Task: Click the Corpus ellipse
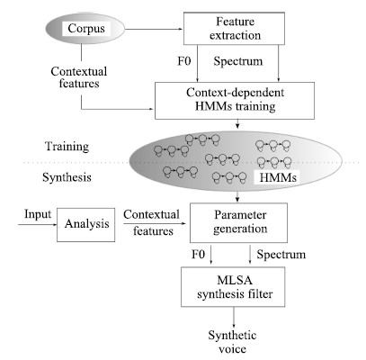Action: pyautogui.click(x=85, y=29)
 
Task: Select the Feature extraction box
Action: pyautogui.click(x=234, y=29)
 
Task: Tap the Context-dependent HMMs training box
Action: pyautogui.click(x=235, y=101)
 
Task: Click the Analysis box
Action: pyautogui.click(x=86, y=225)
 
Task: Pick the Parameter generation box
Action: pyautogui.click(x=239, y=222)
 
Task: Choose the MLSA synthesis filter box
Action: pyautogui.click(x=233, y=287)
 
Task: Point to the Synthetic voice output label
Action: pyautogui.click(x=232, y=342)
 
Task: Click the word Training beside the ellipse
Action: pyautogui.click(x=67, y=147)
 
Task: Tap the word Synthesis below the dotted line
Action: pyautogui.click(x=67, y=177)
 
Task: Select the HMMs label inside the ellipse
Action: pyautogui.click(x=278, y=177)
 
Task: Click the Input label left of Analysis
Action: pyautogui.click(x=38, y=214)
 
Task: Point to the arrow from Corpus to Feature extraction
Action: pyautogui.click(x=154, y=29)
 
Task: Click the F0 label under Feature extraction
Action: pyautogui.click(x=184, y=61)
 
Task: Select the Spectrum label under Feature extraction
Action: pyautogui.click(x=238, y=61)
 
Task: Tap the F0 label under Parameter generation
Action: pyautogui.click(x=199, y=255)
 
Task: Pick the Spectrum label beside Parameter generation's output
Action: pyautogui.click(x=281, y=255)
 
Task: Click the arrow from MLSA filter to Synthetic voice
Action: pyautogui.click(x=234, y=318)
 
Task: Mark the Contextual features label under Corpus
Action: pyautogui.click(x=79, y=77)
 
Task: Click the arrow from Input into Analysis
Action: pyautogui.click(x=38, y=224)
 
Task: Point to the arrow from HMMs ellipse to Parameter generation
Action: pyautogui.click(x=237, y=196)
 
